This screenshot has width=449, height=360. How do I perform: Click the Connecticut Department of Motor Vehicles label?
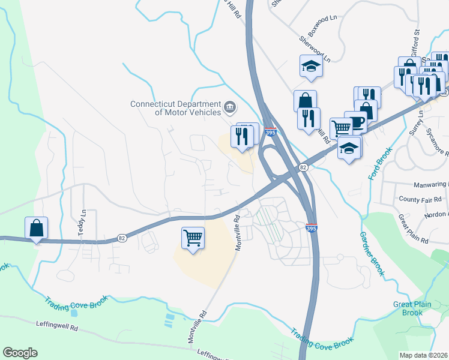[175, 107]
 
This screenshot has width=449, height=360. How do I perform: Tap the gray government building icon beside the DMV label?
[229, 108]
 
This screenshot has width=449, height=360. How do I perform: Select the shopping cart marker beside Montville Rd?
[193, 238]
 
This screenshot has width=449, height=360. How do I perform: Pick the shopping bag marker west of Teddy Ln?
[36, 228]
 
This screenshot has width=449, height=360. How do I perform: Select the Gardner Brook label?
[368, 250]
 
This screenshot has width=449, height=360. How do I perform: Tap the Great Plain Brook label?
[412, 308]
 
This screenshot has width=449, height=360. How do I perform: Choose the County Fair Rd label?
[420, 199]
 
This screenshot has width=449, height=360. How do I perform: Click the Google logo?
[20, 352]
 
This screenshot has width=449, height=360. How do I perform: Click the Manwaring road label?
[431, 184]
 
